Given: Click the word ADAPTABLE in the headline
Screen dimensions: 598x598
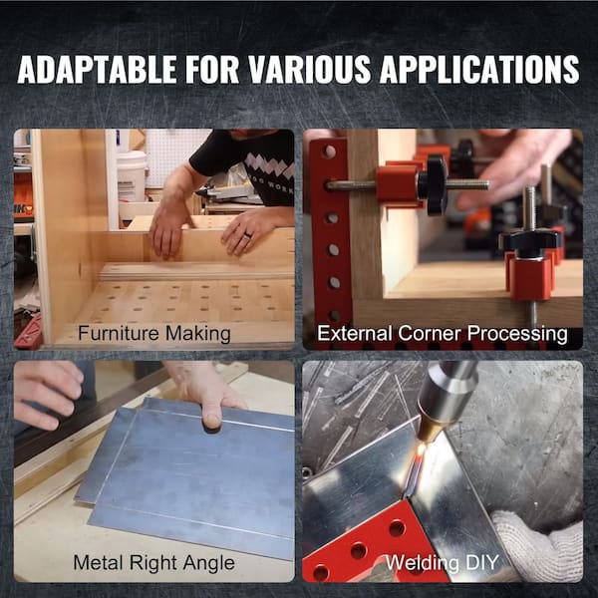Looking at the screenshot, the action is (97, 69).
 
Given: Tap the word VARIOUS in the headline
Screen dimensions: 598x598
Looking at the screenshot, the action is (309, 69).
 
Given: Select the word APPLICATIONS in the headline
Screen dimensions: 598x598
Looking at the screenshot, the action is (479, 69).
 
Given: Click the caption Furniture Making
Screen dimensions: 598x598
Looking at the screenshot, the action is (154, 333).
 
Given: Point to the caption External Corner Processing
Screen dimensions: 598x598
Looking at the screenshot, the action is (442, 334).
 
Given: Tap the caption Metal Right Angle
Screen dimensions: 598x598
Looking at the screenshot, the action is (153, 563).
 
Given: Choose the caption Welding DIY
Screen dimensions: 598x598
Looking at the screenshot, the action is (442, 562).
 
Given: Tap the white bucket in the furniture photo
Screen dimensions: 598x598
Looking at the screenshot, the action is (132, 175).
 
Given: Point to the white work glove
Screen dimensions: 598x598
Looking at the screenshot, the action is (539, 546).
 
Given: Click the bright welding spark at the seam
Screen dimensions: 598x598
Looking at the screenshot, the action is (420, 453).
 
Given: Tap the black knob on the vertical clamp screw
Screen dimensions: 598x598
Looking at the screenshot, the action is (530, 241).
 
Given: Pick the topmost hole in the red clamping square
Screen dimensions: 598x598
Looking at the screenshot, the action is (328, 151).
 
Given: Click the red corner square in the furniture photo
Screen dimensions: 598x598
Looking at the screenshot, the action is (28, 333).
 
